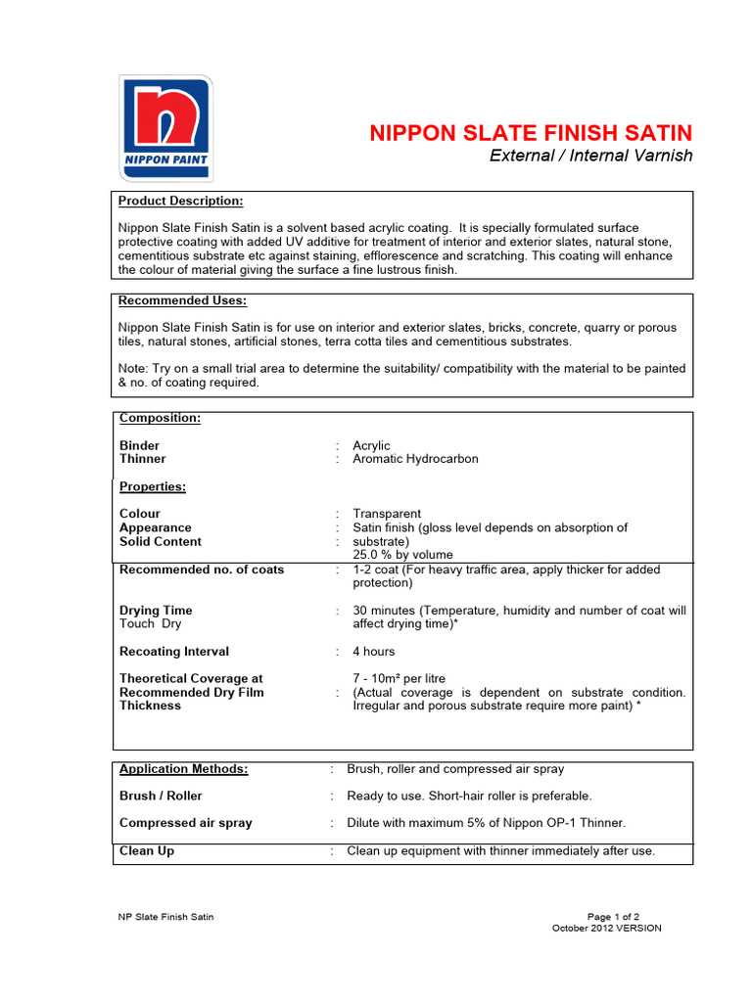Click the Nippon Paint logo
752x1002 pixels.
165,128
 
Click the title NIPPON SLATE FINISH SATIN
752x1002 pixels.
531,133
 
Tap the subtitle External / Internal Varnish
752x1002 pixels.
590,156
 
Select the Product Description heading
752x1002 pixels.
181,201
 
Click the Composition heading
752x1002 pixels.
160,418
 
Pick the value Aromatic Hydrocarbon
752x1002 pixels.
415,459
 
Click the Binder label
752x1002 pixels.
139,445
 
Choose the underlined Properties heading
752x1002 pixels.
153,486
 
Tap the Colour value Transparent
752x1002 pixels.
387,514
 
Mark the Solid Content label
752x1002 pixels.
161,541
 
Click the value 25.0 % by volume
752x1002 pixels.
402,555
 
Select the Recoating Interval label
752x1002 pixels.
174,652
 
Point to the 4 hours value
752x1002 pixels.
374,652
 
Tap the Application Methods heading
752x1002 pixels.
184,769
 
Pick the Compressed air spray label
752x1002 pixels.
186,823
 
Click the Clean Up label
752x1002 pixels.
147,851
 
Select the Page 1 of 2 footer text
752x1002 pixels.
613,917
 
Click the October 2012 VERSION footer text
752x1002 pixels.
607,929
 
